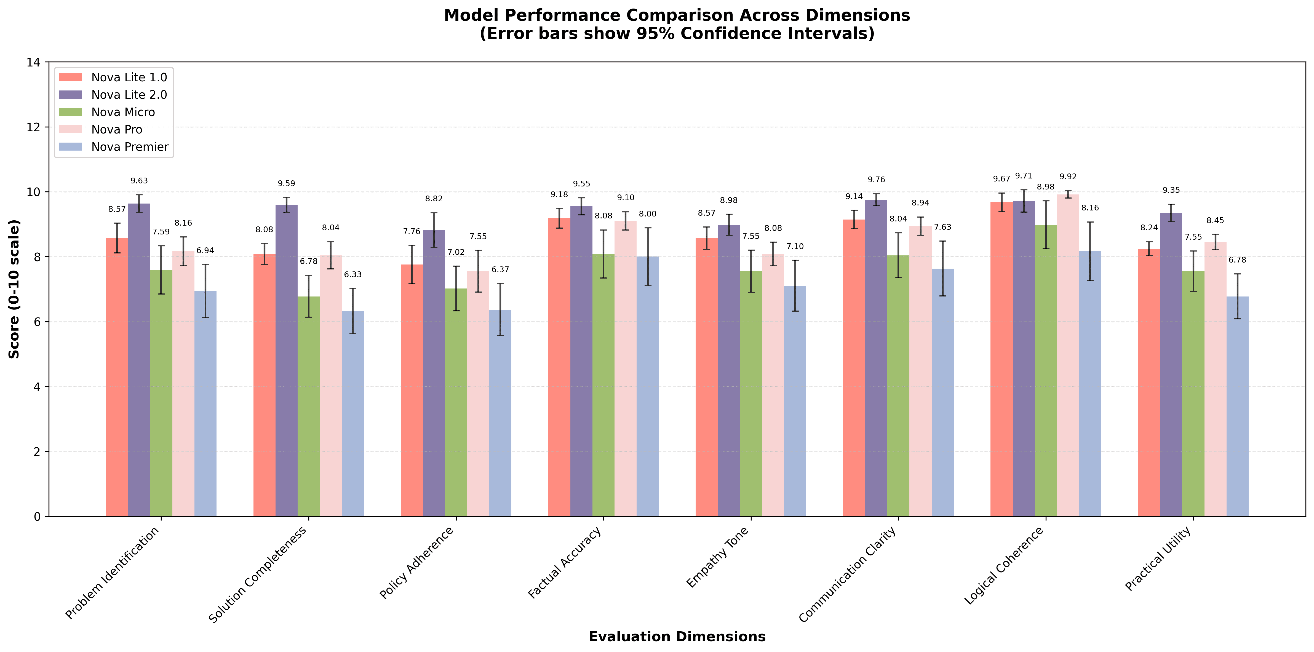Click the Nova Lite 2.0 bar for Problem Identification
pos(139,360)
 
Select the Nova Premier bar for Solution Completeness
pos(352,413)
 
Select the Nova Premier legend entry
pos(130,147)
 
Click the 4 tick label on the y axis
pos(37,387)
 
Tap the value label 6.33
pos(352,274)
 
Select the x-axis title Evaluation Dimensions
pos(677,637)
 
